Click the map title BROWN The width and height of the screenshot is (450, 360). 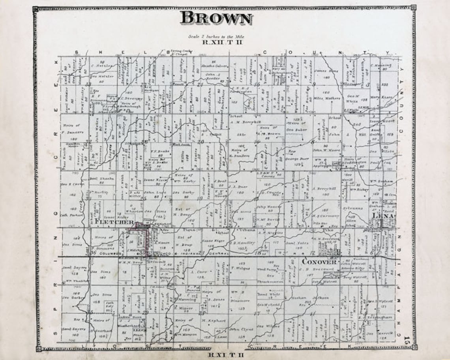[216, 18]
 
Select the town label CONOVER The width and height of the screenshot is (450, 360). [319, 261]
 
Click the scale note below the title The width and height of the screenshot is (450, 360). [216, 36]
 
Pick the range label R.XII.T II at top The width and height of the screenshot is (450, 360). [216, 41]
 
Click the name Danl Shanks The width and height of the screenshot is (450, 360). [101, 178]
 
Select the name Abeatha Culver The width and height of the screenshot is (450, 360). [212, 66]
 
